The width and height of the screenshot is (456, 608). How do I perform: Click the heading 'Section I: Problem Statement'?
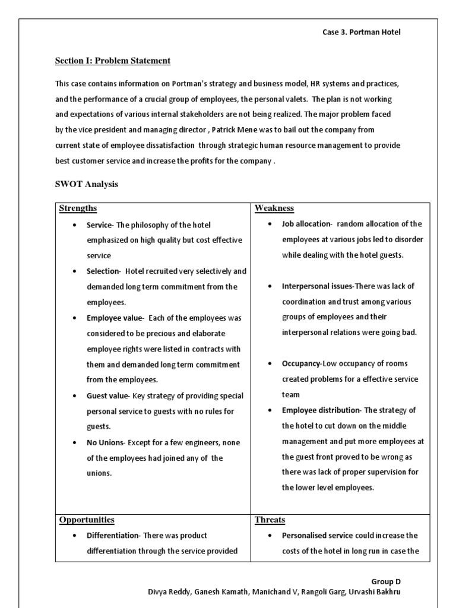point(113,61)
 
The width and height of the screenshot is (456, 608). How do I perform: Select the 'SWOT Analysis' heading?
point(87,184)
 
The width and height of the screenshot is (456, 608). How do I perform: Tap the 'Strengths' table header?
point(78,208)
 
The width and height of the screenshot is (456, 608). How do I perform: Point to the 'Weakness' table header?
point(274,208)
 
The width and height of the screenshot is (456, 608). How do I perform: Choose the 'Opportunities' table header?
point(87,520)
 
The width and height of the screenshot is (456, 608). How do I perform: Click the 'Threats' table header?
point(270,520)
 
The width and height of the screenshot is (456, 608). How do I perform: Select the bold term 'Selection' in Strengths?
point(103,271)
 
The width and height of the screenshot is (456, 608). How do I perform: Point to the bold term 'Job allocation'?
point(306,224)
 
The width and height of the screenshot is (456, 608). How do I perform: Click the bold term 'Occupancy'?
point(301,364)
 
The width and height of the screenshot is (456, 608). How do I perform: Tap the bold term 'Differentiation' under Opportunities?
point(112,536)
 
